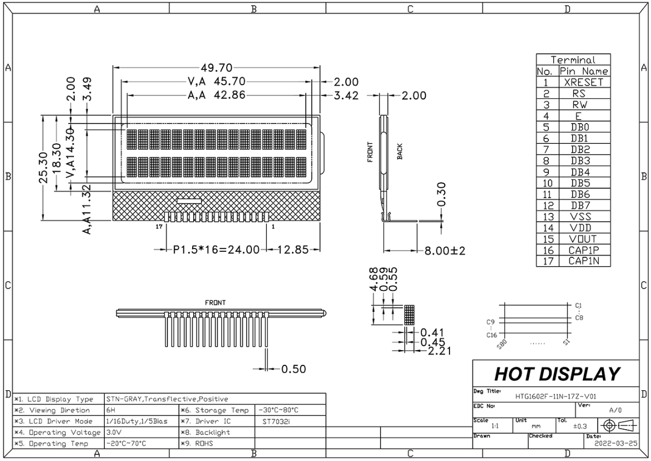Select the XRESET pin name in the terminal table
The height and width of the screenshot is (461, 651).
tap(583, 82)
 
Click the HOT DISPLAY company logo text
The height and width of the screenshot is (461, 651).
tap(557, 374)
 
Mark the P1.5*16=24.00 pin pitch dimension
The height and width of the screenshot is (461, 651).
tap(216, 250)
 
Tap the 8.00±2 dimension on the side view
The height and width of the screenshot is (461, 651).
tap(445, 251)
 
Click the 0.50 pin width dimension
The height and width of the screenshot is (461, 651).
tap(293, 369)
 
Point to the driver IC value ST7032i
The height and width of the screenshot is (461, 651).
tap(274, 421)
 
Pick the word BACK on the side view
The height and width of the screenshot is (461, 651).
tap(400, 152)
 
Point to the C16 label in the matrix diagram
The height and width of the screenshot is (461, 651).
tap(491, 334)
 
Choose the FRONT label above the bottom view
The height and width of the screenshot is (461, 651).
tap(215, 302)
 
